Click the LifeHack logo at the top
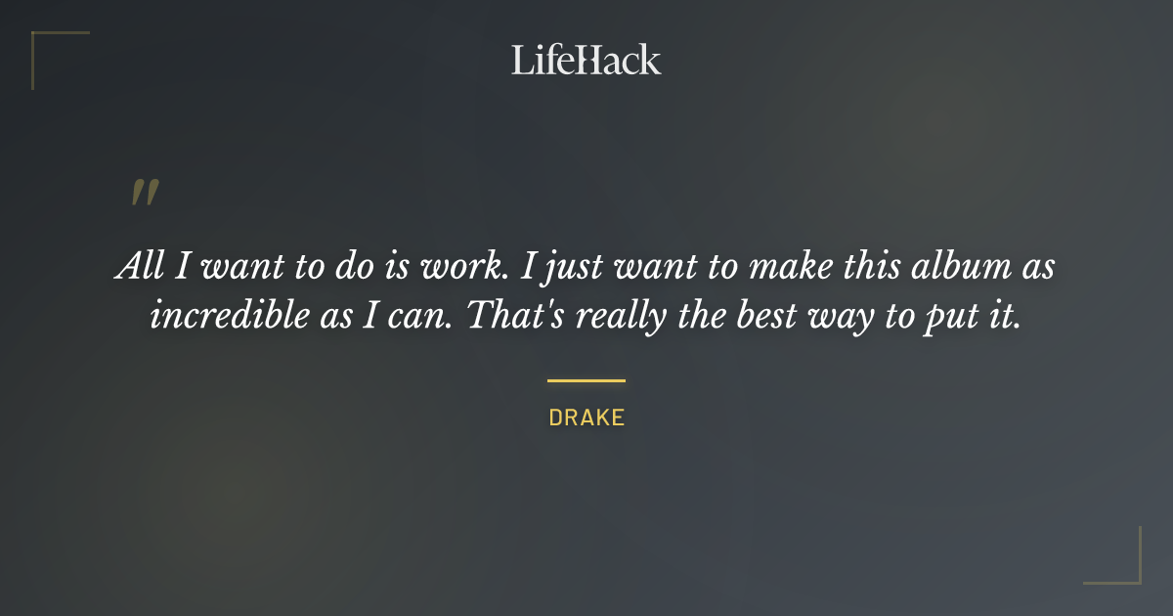pos(586,60)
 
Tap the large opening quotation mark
pos(144,193)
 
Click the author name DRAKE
pos(586,418)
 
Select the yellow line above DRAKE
pos(586,380)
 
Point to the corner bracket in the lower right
pos(1129,572)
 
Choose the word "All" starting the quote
pos(136,268)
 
